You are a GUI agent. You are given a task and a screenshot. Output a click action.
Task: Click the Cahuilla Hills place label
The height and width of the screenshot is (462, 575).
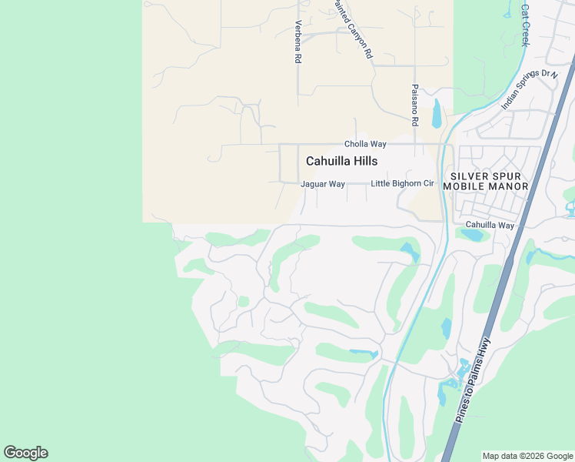tap(341, 161)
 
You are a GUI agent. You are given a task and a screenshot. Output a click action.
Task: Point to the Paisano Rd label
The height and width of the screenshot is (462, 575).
tap(414, 105)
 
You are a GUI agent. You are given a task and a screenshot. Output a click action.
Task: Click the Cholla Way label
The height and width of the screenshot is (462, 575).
tap(365, 144)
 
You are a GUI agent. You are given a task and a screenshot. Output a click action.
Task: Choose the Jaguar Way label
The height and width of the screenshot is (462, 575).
tap(323, 184)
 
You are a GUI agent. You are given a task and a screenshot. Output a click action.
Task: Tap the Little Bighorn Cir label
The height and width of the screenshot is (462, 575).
tap(403, 184)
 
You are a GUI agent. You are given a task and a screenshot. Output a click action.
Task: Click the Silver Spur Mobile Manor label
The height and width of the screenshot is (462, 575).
tap(490, 181)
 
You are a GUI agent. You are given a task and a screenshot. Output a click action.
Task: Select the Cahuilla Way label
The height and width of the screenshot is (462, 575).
tap(489, 225)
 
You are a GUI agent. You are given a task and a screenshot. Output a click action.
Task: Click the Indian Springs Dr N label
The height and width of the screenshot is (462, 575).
tap(528, 89)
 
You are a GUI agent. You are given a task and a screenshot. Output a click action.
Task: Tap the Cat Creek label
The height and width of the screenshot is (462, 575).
tap(526, 25)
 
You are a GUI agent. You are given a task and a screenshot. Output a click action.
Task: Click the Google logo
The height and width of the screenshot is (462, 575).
tap(25, 453)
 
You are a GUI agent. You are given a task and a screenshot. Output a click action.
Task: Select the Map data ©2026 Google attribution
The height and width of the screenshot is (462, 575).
tap(527, 456)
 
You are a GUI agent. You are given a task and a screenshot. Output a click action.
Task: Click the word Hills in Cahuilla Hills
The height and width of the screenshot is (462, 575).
tap(362, 161)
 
